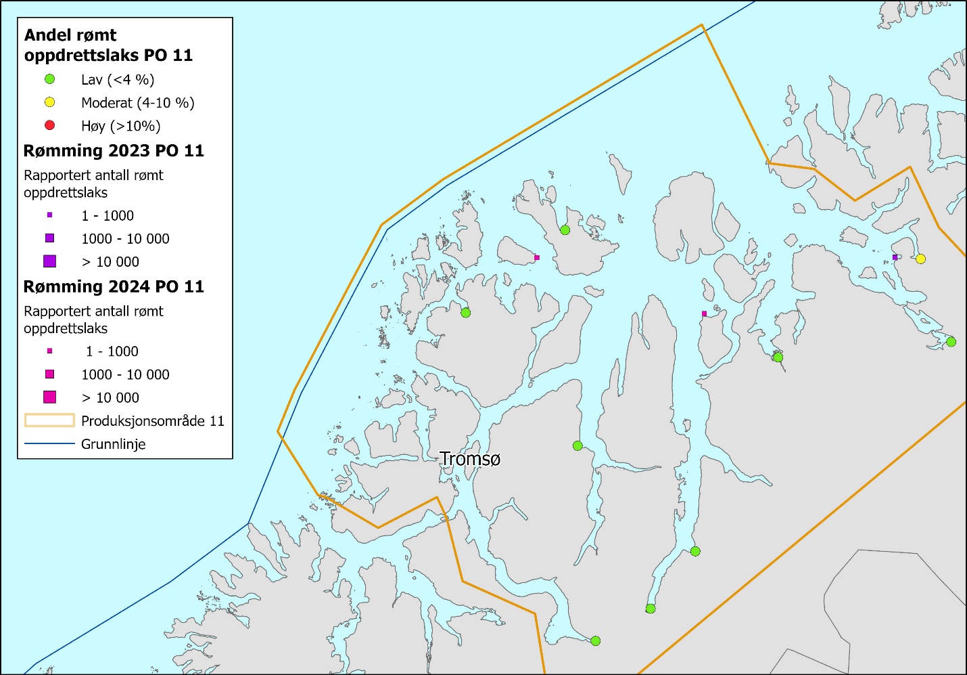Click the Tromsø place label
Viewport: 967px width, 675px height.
click(x=470, y=459)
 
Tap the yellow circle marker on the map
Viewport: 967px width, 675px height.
click(x=920, y=259)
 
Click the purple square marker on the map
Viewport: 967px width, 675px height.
click(x=895, y=257)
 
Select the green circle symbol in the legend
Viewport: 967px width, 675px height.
click(x=49, y=79)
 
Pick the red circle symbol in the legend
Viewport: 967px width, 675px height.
click(x=49, y=125)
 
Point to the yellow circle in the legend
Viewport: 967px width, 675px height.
click(x=49, y=102)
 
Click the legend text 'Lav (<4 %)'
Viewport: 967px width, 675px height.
click(x=118, y=80)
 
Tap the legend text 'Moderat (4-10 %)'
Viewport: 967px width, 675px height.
click(x=137, y=103)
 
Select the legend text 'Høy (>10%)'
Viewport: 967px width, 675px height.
click(x=120, y=126)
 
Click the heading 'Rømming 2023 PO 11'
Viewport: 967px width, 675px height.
click(x=114, y=150)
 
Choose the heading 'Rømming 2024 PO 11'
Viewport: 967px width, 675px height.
click(x=114, y=286)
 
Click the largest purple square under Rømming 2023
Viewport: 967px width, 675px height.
click(x=49, y=261)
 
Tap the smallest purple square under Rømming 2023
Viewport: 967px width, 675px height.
click(x=49, y=215)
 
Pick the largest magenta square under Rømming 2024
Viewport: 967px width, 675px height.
click(x=49, y=397)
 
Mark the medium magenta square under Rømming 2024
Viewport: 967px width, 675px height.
click(x=49, y=374)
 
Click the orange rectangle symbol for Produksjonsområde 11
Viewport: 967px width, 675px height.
click(x=49, y=420)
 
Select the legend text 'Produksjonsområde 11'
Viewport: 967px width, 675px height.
click(x=152, y=421)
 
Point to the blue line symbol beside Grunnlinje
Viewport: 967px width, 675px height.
click(x=49, y=444)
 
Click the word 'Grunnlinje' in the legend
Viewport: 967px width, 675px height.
click(x=113, y=444)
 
